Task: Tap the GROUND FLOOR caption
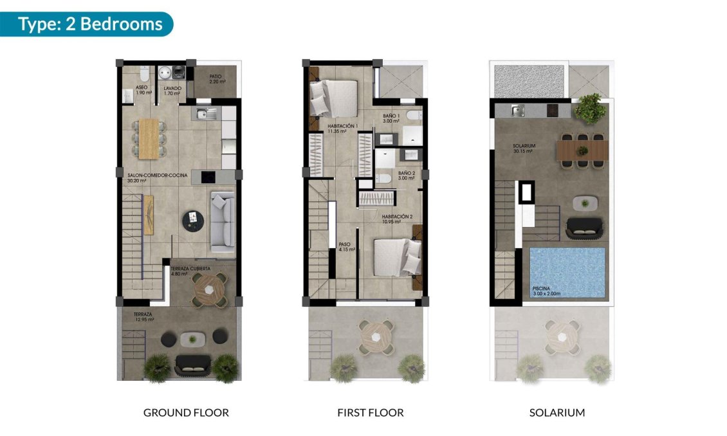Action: [186, 412]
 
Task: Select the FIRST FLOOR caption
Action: [371, 412]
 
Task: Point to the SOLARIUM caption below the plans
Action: [557, 412]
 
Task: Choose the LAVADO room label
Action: [172, 88]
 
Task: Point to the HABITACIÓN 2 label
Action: [396, 217]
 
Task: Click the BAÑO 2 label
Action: [407, 174]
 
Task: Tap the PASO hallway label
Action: [345, 245]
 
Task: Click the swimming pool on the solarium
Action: [567, 270]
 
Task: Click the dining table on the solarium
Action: [582, 150]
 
